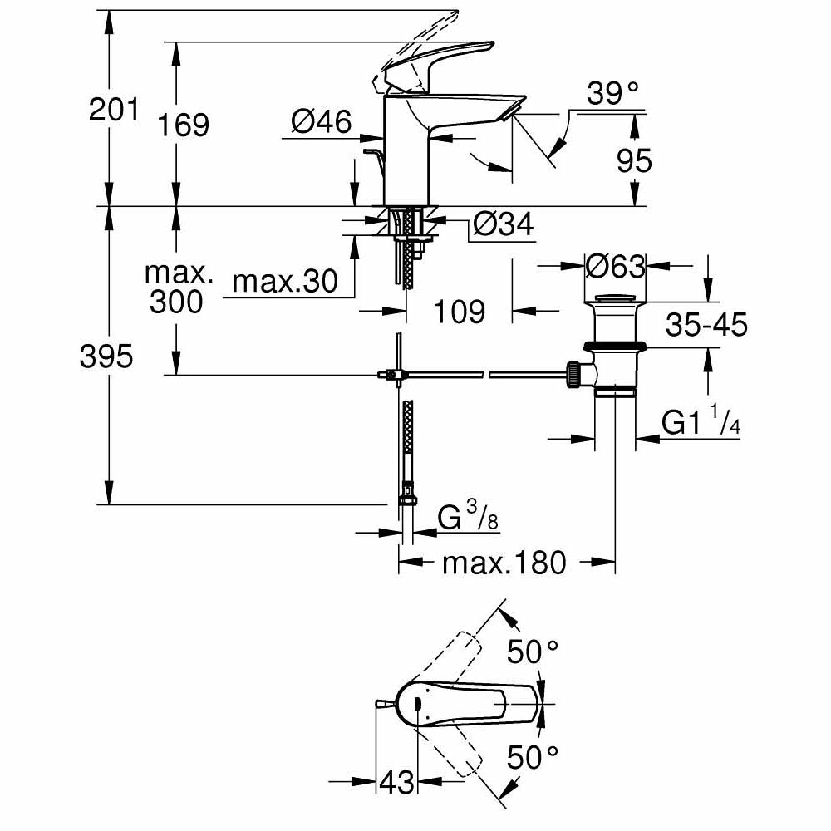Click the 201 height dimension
pyautogui.click(x=113, y=109)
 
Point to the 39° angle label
pyautogui.click(x=616, y=93)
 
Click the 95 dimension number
pyautogui.click(x=634, y=160)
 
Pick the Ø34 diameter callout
pyautogui.click(x=502, y=224)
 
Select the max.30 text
pyautogui.click(x=285, y=283)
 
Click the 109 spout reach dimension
pyautogui.click(x=459, y=312)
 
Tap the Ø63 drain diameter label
pyautogui.click(x=615, y=267)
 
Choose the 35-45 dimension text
pyautogui.click(x=706, y=325)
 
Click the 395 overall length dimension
pyautogui.click(x=106, y=356)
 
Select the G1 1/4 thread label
pyautogui.click(x=701, y=424)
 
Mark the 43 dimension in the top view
pyautogui.click(x=396, y=782)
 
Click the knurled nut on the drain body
pyautogui.click(x=573, y=375)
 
